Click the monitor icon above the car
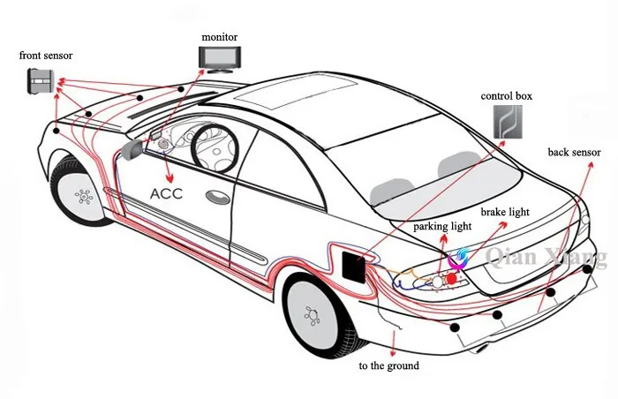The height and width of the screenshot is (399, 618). [220, 59]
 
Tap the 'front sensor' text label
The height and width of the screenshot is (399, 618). [46, 56]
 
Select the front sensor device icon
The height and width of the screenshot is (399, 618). [40, 81]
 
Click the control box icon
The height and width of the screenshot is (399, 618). [508, 122]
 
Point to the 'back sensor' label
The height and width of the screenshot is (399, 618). [574, 152]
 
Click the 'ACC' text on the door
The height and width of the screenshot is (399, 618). [166, 193]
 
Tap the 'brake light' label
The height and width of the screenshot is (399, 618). [505, 212]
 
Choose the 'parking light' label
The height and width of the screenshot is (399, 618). [442, 226]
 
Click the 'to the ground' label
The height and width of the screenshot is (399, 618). [388, 365]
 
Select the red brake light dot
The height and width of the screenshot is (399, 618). [452, 279]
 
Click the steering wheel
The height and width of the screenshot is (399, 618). [215, 147]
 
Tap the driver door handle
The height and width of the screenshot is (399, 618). [217, 197]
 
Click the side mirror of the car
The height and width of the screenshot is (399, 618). [132, 149]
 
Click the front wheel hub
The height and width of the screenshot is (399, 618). [84, 196]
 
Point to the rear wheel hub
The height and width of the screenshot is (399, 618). [313, 315]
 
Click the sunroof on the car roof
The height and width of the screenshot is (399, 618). [297, 93]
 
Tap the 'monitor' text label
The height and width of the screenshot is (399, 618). [220, 37]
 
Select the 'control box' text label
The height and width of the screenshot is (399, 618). [506, 96]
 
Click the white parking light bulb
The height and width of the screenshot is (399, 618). [438, 281]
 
